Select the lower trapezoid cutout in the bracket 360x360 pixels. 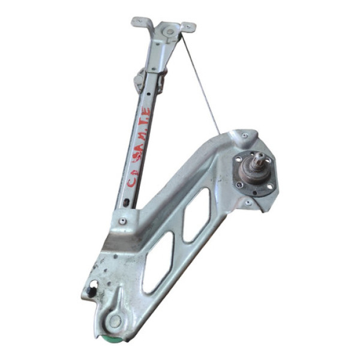tap(157, 262)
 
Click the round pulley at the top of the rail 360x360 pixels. tap(170, 31)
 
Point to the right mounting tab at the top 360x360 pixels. tap(188, 26)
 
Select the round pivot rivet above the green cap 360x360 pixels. tap(115, 320)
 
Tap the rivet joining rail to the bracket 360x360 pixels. tap(123, 221)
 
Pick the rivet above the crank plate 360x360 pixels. tap(244, 137)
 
